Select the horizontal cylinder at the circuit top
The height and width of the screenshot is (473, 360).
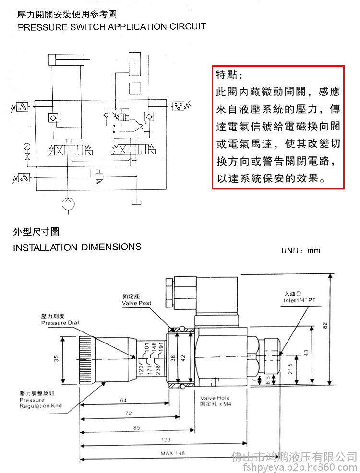pyautogui.click(x=69, y=60)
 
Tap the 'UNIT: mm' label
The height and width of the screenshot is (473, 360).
pyautogui.click(x=300, y=250)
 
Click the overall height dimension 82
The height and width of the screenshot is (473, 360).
pyautogui.click(x=326, y=326)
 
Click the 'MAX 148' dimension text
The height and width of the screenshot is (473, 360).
pyautogui.click(x=172, y=452)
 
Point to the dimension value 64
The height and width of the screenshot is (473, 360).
pyautogui.click(x=124, y=399)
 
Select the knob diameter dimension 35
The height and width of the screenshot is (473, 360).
pyautogui.click(x=56, y=359)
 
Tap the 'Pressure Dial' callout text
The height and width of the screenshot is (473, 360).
pyautogui.click(x=60, y=323)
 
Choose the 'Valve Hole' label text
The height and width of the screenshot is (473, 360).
pyautogui.click(x=215, y=398)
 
